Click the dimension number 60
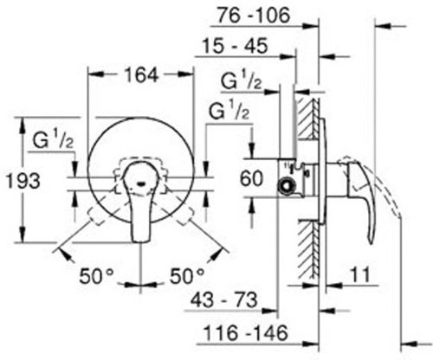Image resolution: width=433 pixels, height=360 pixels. pyautogui.click(x=251, y=181)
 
